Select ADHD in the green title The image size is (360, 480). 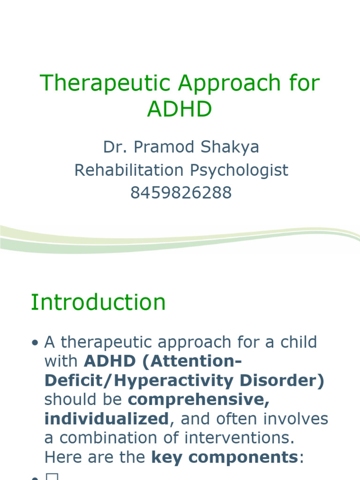click(x=180, y=110)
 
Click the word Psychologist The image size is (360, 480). click(x=239, y=170)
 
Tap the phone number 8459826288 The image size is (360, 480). click(x=180, y=193)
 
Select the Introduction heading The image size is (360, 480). click(x=98, y=302)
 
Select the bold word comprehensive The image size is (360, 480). click(x=199, y=400)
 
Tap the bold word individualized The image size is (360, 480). click(x=106, y=419)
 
